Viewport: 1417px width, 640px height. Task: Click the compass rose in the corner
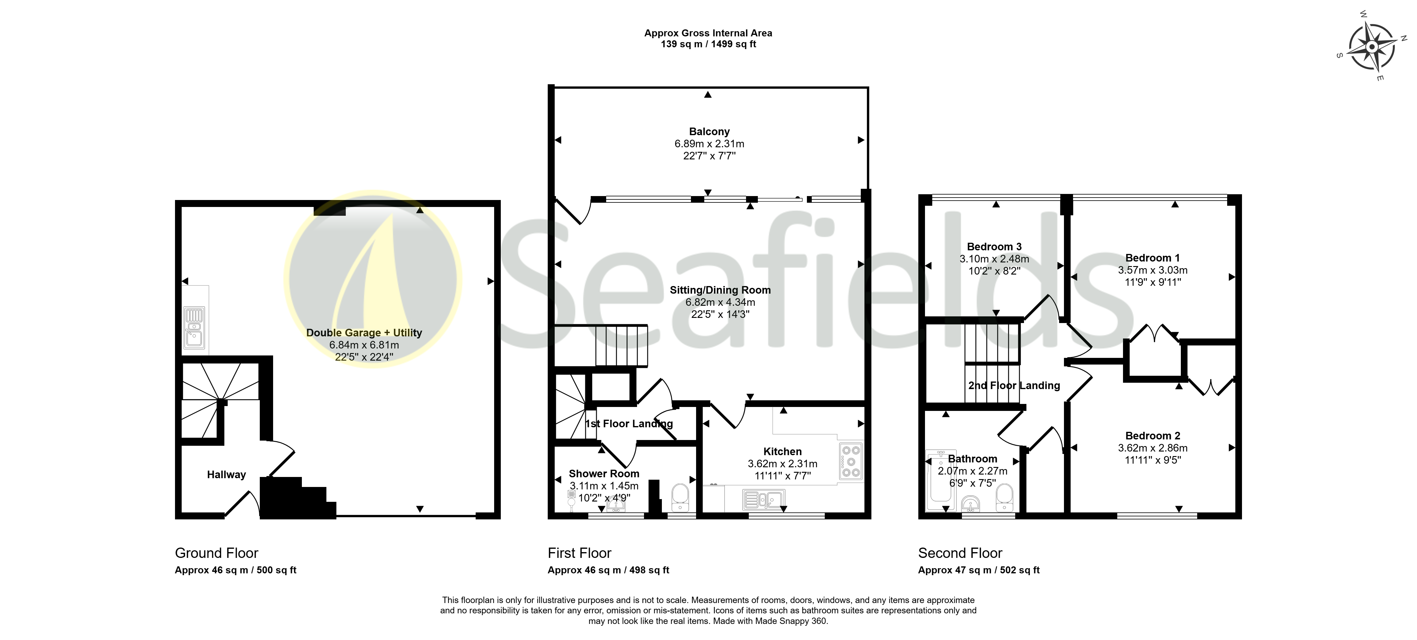[1372, 47]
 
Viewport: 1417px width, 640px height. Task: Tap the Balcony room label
[709, 132]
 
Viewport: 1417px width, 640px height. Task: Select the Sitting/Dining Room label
[720, 290]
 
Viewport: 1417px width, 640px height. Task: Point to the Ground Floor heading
[216, 553]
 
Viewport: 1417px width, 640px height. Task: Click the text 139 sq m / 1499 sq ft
[708, 44]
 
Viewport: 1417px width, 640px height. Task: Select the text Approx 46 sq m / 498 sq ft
[608, 570]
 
